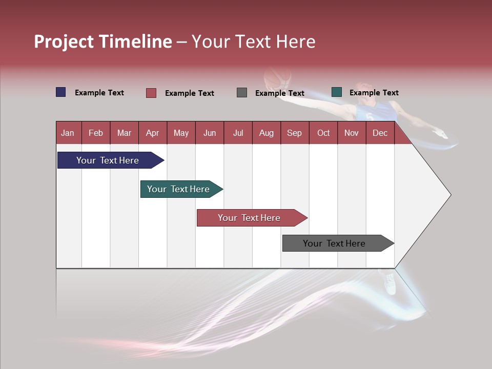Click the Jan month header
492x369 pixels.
point(68,133)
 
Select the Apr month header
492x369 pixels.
point(152,133)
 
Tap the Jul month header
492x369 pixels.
point(238,133)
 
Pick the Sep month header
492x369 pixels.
point(294,133)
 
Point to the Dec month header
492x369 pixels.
point(380,133)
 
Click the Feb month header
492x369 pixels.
point(96,133)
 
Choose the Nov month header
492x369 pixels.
point(351,133)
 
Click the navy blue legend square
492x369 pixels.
point(61,92)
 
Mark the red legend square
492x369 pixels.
point(151,93)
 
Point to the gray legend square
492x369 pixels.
point(242,93)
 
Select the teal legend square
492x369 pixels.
point(336,92)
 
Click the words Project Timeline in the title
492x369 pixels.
point(103,42)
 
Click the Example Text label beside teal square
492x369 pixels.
point(374,93)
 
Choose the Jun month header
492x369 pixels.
point(209,133)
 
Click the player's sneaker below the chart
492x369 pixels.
point(391,283)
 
